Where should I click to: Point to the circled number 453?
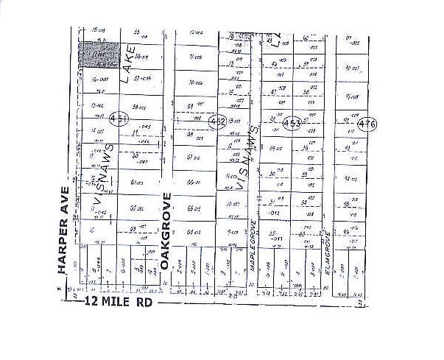click(x=292, y=124)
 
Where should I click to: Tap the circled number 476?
click(x=367, y=124)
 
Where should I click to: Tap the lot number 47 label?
click(x=273, y=92)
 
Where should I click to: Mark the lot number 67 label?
click(x=192, y=158)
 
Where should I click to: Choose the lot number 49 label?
click(x=273, y=148)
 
